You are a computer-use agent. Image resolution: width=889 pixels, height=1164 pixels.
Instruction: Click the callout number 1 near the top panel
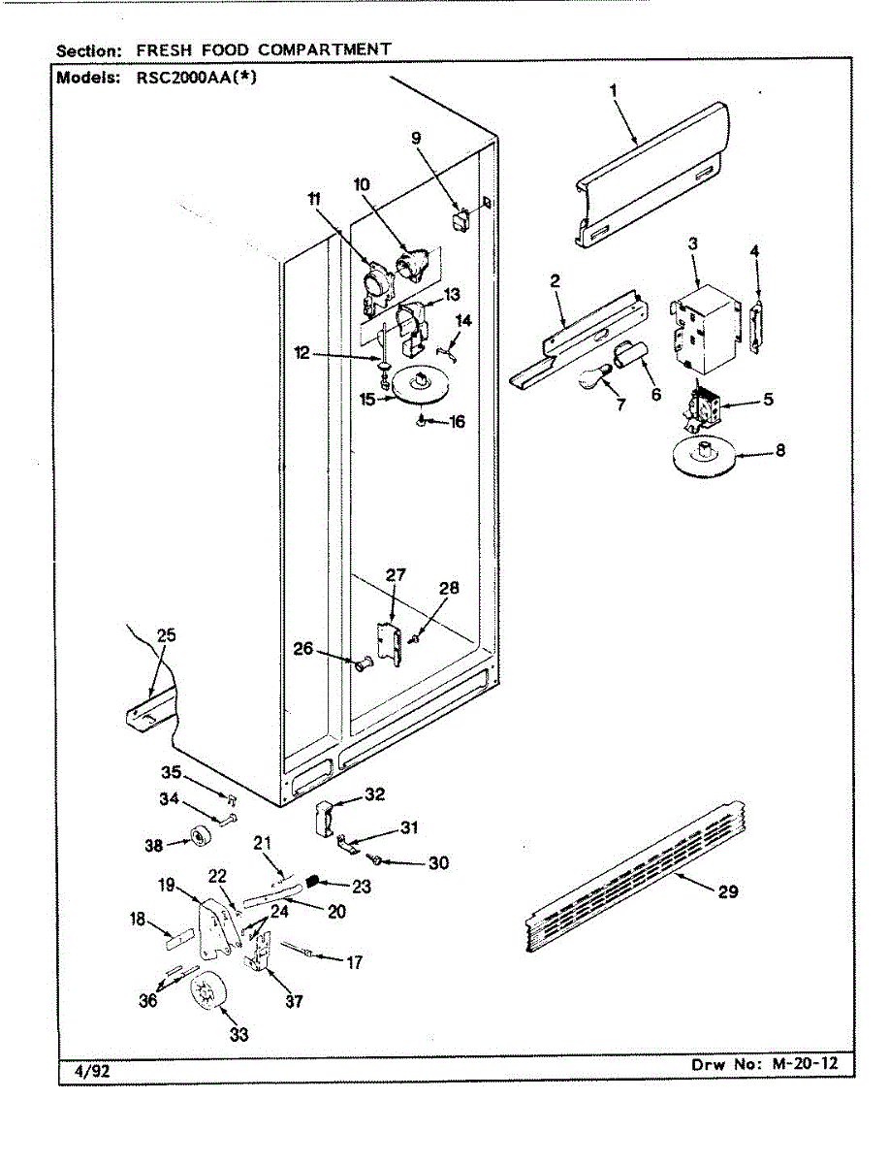pyautogui.click(x=614, y=92)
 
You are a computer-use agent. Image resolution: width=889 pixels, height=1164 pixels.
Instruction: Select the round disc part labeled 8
pyautogui.click(x=706, y=456)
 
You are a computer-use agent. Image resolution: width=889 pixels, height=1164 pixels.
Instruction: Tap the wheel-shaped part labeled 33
pyautogui.click(x=207, y=993)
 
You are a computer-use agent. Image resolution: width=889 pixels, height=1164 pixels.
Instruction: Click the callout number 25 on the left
pyautogui.click(x=166, y=635)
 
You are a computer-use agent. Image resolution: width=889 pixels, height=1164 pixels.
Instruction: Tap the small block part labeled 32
pyautogui.click(x=324, y=818)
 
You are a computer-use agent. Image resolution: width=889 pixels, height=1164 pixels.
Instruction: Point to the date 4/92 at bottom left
pyautogui.click(x=91, y=1070)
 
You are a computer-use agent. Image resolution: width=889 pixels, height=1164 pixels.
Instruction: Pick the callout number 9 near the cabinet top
pyautogui.click(x=416, y=139)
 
